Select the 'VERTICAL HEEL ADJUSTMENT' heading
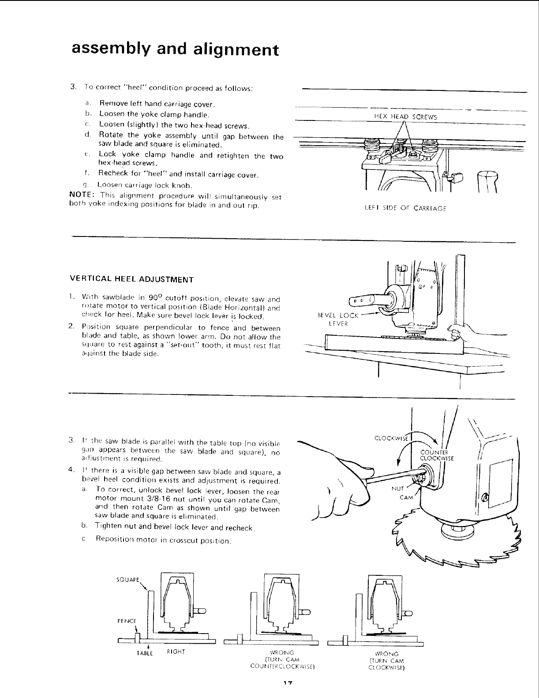[132, 280]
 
